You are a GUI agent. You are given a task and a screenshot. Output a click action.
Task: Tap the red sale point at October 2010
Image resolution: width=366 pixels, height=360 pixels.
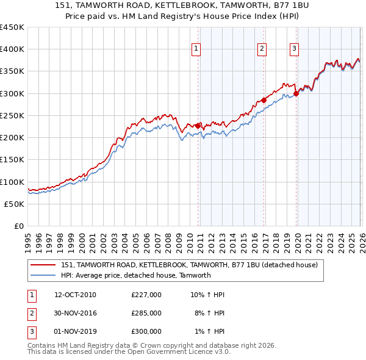pos(198,126)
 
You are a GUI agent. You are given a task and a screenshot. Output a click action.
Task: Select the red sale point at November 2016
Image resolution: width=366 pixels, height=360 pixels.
pos(264,100)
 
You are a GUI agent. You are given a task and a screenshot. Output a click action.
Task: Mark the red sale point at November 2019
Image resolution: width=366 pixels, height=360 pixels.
pos(296,93)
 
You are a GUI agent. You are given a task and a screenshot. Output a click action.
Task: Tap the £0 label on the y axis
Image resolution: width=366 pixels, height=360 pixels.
pos(18,226)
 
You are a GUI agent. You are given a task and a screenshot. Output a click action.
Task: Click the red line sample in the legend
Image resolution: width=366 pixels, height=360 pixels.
pos(42,265)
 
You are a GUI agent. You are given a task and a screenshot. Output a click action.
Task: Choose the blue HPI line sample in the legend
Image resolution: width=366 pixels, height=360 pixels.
pos(42,275)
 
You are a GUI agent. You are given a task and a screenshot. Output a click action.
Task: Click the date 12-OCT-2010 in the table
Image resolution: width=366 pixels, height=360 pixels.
pos(75,295)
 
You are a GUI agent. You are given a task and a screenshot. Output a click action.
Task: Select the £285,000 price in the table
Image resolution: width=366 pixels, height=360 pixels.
pos(146,313)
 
